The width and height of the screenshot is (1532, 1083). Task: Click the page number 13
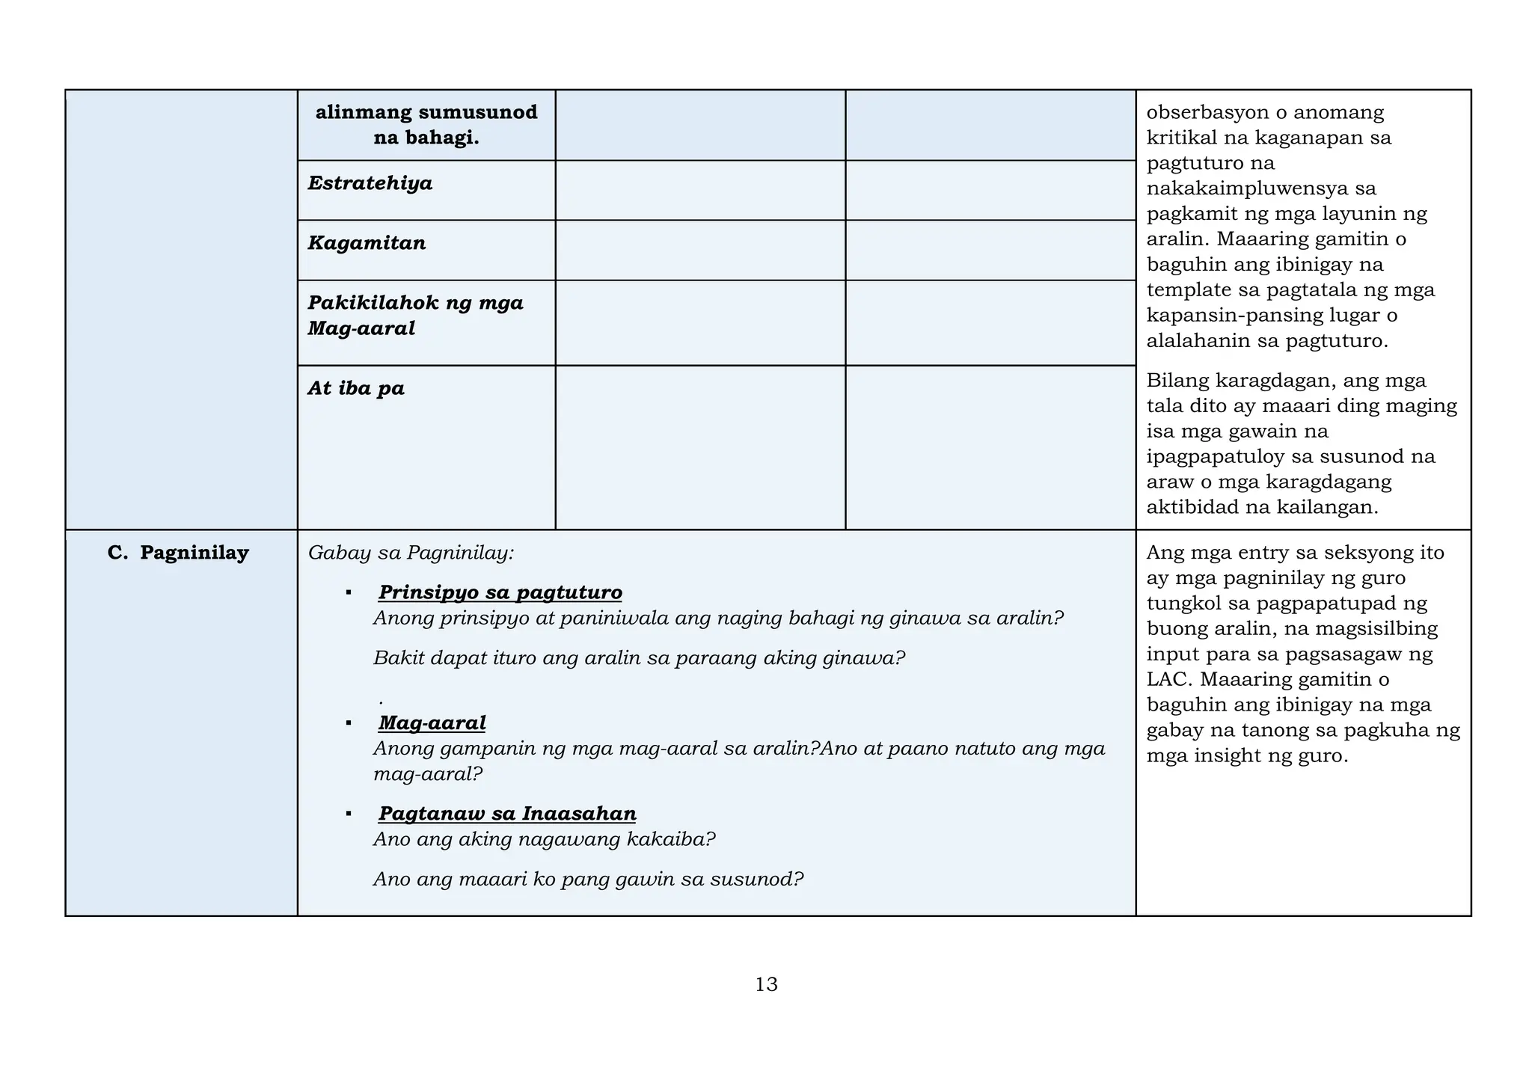pyautogui.click(x=766, y=984)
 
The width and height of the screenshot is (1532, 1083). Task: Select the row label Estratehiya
pyautogui.click(x=370, y=183)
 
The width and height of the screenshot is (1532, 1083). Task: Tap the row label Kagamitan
pyautogui.click(x=367, y=243)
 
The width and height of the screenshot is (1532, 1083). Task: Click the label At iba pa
pyautogui.click(x=356, y=388)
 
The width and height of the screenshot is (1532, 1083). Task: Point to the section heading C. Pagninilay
pyautogui.click(x=178, y=553)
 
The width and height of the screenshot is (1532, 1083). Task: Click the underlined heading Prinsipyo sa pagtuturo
pyautogui.click(x=500, y=592)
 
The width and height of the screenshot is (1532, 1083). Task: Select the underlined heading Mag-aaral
pyautogui.click(x=432, y=722)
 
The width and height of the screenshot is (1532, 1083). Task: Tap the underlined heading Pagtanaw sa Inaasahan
pyautogui.click(x=507, y=813)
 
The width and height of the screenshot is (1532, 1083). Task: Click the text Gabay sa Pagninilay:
pyautogui.click(x=411, y=553)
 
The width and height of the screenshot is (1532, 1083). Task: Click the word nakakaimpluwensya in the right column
pyautogui.click(x=1244, y=188)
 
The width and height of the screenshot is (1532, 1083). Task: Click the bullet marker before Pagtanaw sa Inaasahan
pyautogui.click(x=349, y=813)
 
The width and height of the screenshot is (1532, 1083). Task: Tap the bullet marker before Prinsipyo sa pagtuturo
pyautogui.click(x=349, y=592)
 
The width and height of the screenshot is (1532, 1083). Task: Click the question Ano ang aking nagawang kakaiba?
pyautogui.click(x=544, y=839)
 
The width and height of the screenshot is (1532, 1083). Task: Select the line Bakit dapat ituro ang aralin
pyautogui.click(x=639, y=658)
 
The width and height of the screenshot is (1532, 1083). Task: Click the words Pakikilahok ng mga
pyautogui.click(x=415, y=303)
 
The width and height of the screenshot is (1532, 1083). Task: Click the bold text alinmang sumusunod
pyautogui.click(x=426, y=113)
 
